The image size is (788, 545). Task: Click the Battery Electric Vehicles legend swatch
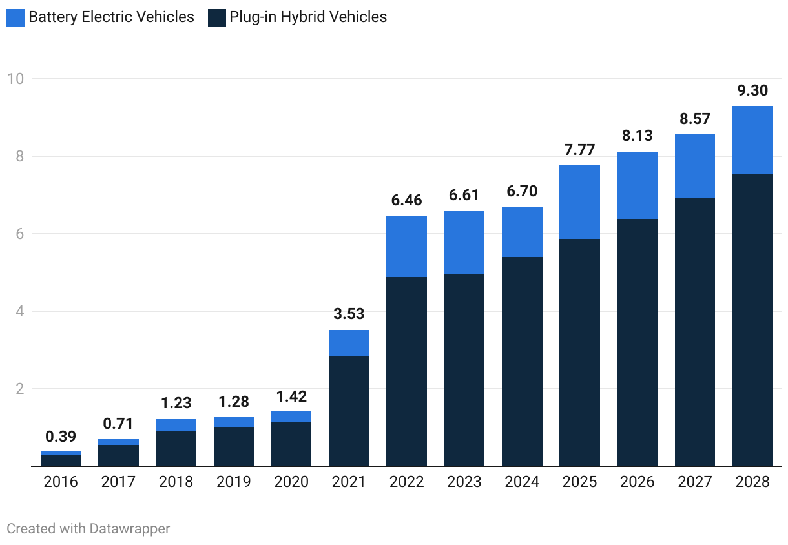(16, 17)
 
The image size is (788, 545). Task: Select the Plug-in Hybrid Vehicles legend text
(307, 17)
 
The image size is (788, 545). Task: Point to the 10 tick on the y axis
(16, 79)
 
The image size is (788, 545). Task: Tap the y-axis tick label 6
(19, 234)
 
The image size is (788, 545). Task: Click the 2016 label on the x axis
(61, 482)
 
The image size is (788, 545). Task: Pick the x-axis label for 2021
(349, 482)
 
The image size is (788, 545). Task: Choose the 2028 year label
(752, 482)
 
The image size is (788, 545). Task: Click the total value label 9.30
(752, 90)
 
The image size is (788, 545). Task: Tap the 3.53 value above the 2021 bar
(349, 314)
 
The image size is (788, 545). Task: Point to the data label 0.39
(61, 436)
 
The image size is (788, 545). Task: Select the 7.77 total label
(579, 150)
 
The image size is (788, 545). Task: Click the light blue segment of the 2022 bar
(406, 247)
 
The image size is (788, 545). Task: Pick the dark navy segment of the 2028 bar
(752, 320)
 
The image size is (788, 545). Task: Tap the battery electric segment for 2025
(579, 202)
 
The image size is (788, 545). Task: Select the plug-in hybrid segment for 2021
(349, 411)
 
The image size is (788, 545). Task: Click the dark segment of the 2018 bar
(176, 448)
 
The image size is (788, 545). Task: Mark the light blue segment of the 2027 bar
(694, 166)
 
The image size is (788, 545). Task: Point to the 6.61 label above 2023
(464, 195)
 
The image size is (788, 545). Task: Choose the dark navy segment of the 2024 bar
(522, 362)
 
